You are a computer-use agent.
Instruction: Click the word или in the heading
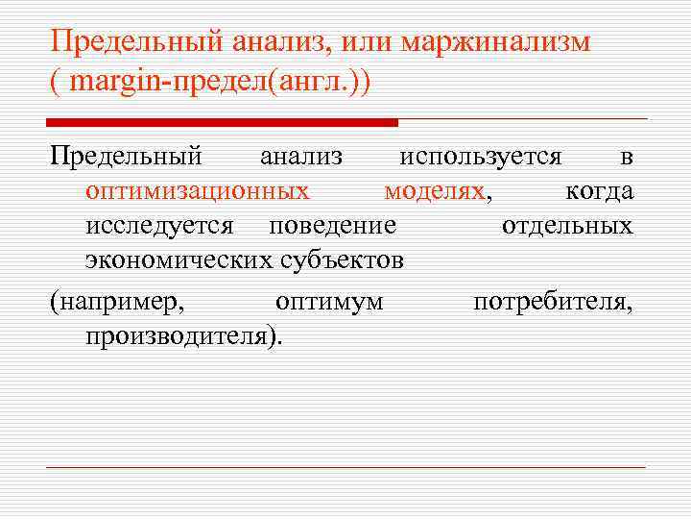pos(369,42)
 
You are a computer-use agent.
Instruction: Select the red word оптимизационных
pos(197,191)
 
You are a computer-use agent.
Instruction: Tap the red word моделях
pos(434,191)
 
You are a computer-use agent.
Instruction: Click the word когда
pos(599,191)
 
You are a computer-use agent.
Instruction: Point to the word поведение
pos(332,226)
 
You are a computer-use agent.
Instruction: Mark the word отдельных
pos(567,226)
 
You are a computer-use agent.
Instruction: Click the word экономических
pos(179,259)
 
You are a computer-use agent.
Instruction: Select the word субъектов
pos(340,259)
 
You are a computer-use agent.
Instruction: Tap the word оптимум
pos(329,302)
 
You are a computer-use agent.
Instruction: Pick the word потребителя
pos(553,302)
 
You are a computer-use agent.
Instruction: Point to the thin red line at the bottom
pos(345,468)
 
